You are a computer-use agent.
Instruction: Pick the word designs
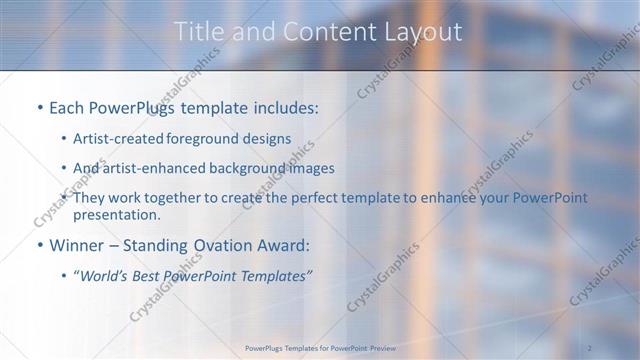[x=270, y=138]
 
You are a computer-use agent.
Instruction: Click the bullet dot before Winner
[x=39, y=245]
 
